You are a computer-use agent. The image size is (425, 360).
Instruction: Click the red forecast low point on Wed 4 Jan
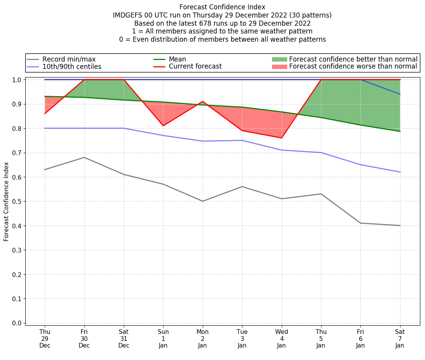coord(281,138)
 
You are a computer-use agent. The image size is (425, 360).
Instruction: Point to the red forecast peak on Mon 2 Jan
coord(203,102)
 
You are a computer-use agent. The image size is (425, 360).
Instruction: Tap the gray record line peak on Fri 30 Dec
coord(84,157)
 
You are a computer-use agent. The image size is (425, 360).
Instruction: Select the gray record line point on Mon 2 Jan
coord(203,201)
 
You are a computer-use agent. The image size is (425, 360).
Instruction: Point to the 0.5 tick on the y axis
coord(17,201)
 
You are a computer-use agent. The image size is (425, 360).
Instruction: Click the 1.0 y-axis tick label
coord(17,80)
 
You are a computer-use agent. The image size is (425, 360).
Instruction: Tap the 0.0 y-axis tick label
coord(17,323)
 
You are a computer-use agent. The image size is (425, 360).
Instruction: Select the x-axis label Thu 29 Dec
coord(45,338)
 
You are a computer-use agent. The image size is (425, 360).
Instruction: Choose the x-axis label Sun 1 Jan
coord(163,338)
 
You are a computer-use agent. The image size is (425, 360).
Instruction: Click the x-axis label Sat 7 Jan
coord(400,338)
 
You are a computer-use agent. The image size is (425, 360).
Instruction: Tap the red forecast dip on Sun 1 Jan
coord(163,125)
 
